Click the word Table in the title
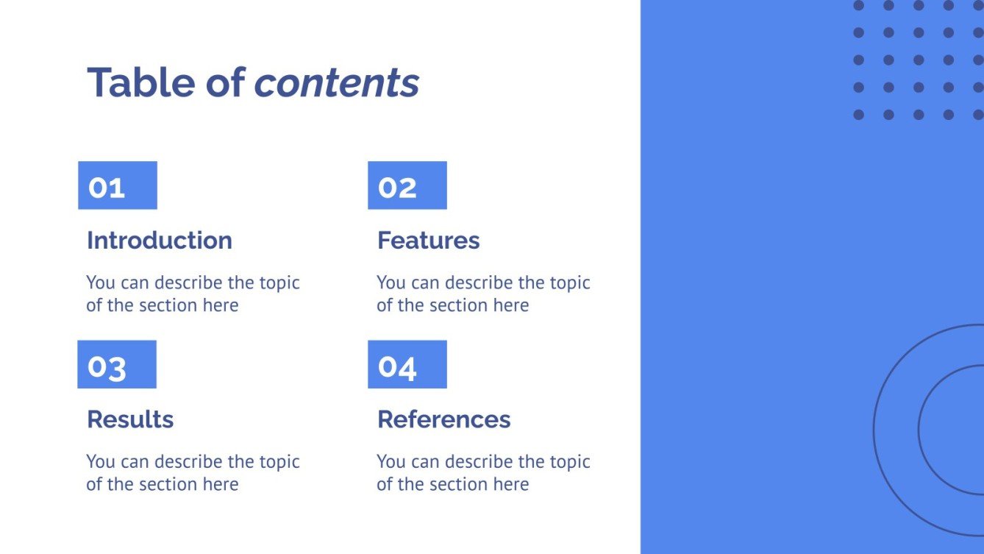click(x=140, y=82)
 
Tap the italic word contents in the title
click(x=336, y=82)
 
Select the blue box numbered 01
click(x=118, y=185)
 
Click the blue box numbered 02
click(x=407, y=185)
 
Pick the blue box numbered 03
click(x=117, y=364)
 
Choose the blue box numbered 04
click(x=407, y=364)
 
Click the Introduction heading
click(x=160, y=241)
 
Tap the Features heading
click(x=428, y=241)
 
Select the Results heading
click(x=130, y=419)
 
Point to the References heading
click(x=443, y=419)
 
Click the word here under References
click(x=510, y=484)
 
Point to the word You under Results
click(x=100, y=462)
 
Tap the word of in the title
click(x=224, y=82)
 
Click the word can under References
click(x=424, y=462)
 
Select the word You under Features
click(x=391, y=283)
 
